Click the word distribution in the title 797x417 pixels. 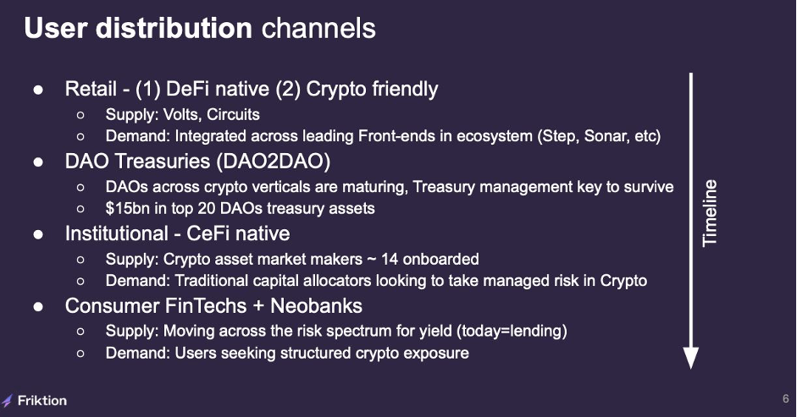[x=174, y=28]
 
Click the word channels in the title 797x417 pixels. [x=318, y=28]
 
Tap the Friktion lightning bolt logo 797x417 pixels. [x=7, y=401]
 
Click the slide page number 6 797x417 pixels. [x=786, y=398]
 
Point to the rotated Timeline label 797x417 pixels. [x=710, y=213]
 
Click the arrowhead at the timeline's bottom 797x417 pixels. [x=691, y=358]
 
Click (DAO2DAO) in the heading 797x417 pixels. [x=274, y=162]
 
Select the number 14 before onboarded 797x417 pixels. [x=390, y=259]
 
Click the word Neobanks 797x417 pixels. [x=316, y=305]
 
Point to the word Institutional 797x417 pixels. [x=116, y=233]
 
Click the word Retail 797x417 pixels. [x=91, y=89]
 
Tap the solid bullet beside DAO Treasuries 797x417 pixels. [x=38, y=162]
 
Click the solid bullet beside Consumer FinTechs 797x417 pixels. [x=38, y=307]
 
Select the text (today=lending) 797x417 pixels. [x=512, y=332]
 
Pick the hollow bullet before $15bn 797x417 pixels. [x=80, y=209]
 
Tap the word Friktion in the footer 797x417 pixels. [x=42, y=401]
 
